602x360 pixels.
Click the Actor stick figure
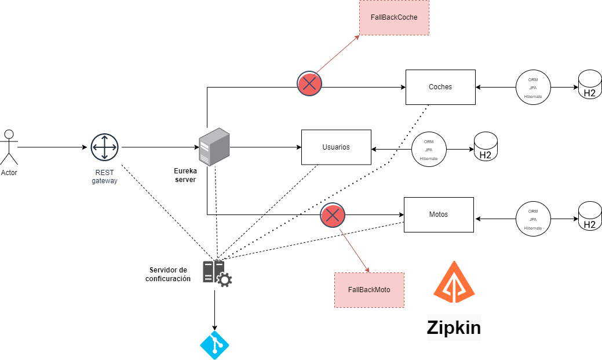click(9, 147)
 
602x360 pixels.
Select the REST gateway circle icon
click(104, 147)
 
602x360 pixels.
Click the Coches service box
click(440, 87)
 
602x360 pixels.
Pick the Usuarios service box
click(336, 147)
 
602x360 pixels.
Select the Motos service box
click(439, 214)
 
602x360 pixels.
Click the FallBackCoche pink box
click(394, 17)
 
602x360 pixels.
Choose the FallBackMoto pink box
click(369, 290)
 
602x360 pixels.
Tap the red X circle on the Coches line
click(309, 84)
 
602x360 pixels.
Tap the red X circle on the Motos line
click(333, 216)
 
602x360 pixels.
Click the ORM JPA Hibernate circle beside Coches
click(533, 88)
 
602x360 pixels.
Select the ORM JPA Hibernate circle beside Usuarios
click(429, 150)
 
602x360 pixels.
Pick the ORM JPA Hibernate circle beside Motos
click(533, 219)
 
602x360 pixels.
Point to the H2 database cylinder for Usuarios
click(486, 147)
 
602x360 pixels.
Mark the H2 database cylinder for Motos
click(590, 216)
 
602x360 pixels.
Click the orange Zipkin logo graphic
click(454, 283)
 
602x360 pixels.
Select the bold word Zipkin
click(454, 328)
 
